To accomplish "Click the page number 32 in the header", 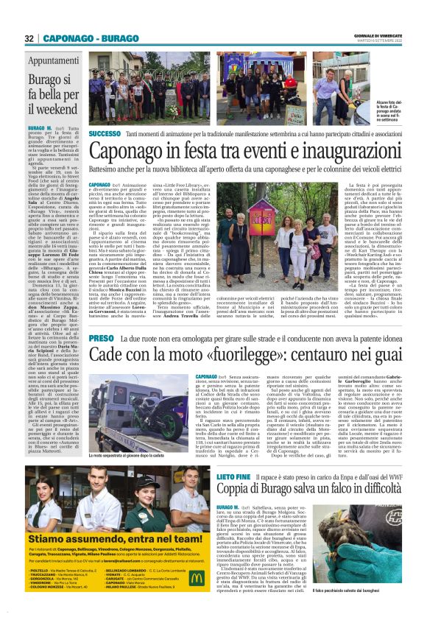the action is pyautogui.click(x=29, y=38).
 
